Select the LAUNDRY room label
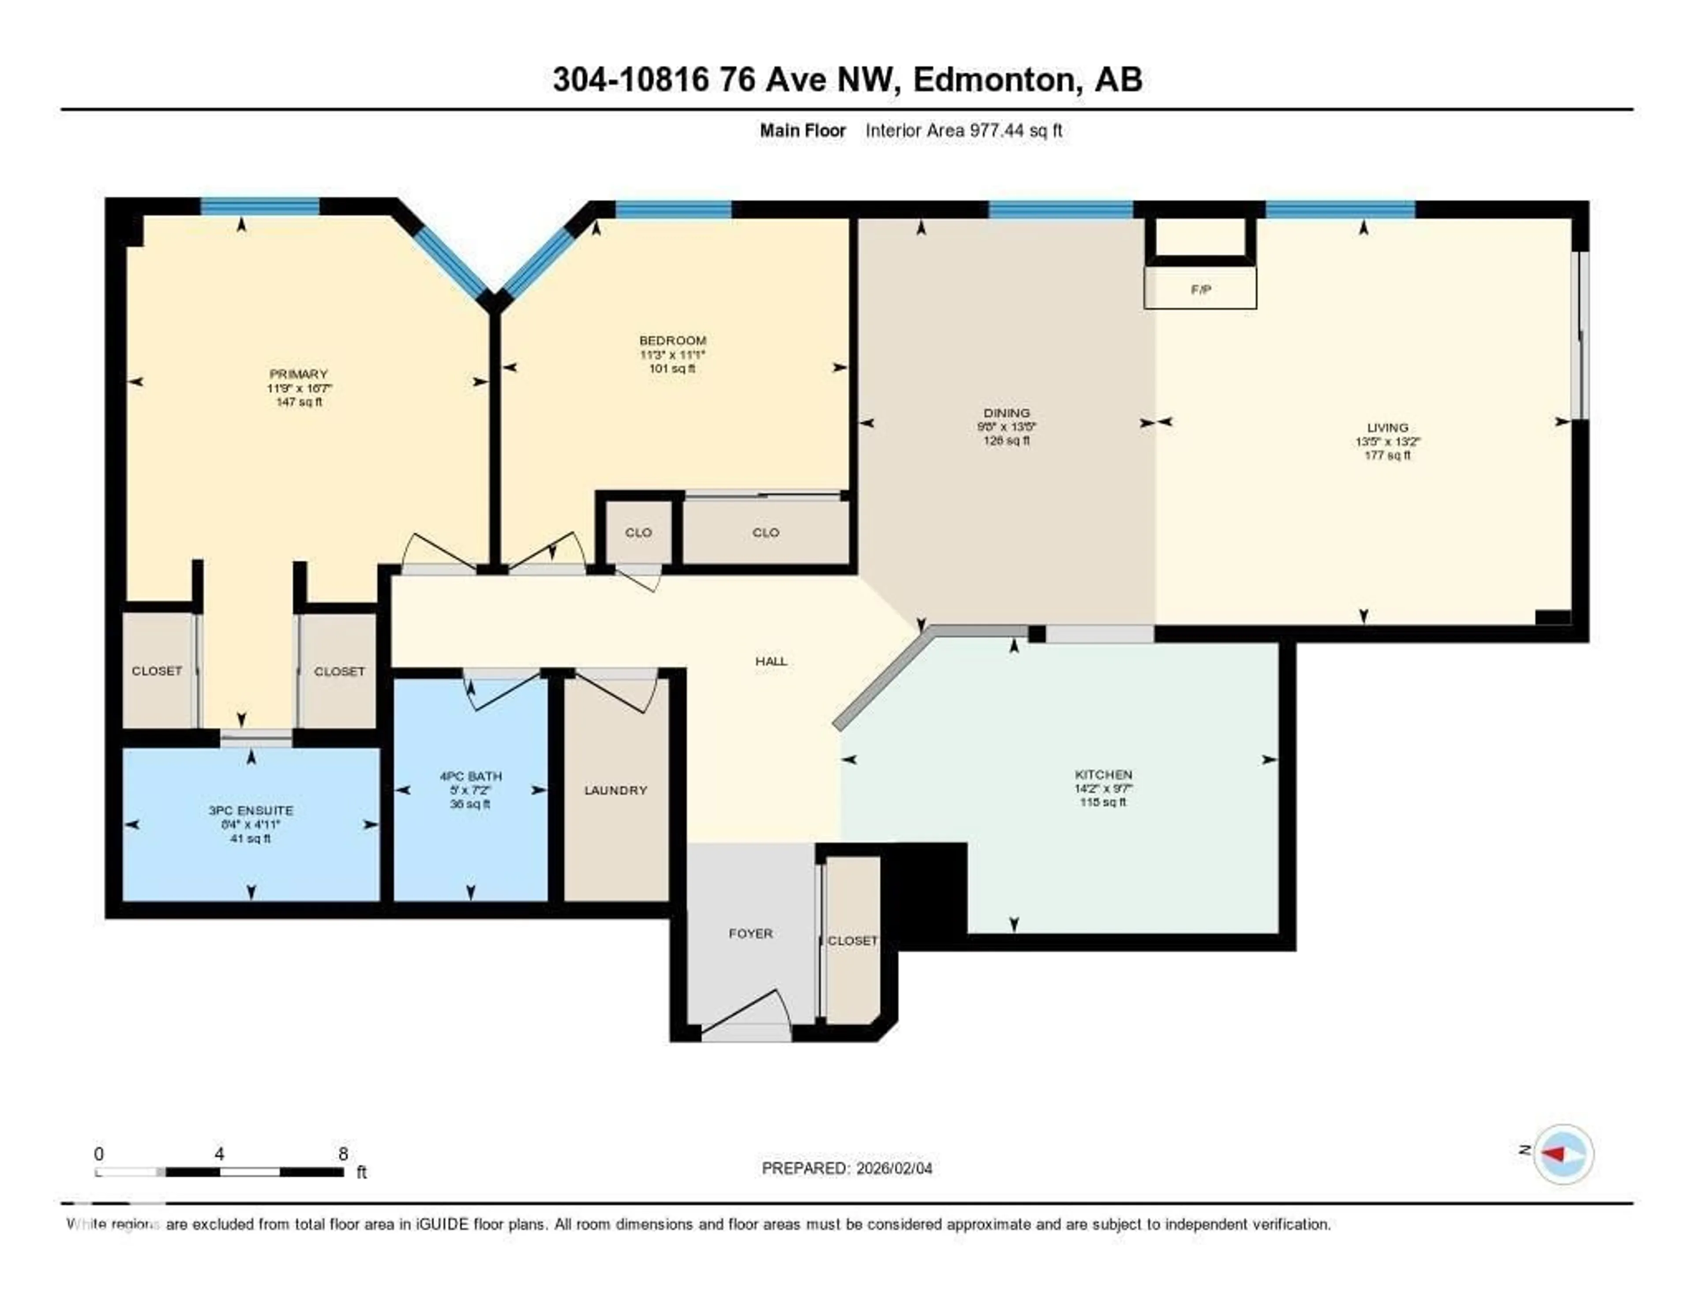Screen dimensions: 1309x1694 pos(615,790)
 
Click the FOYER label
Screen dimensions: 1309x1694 pos(750,933)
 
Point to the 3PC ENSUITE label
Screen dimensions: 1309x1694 pos(251,810)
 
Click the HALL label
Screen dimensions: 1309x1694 pos(771,661)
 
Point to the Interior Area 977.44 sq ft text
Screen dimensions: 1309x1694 pos(963,130)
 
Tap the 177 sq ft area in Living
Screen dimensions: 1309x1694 pos(1387,455)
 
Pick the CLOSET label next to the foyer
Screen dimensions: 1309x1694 pos(852,940)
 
